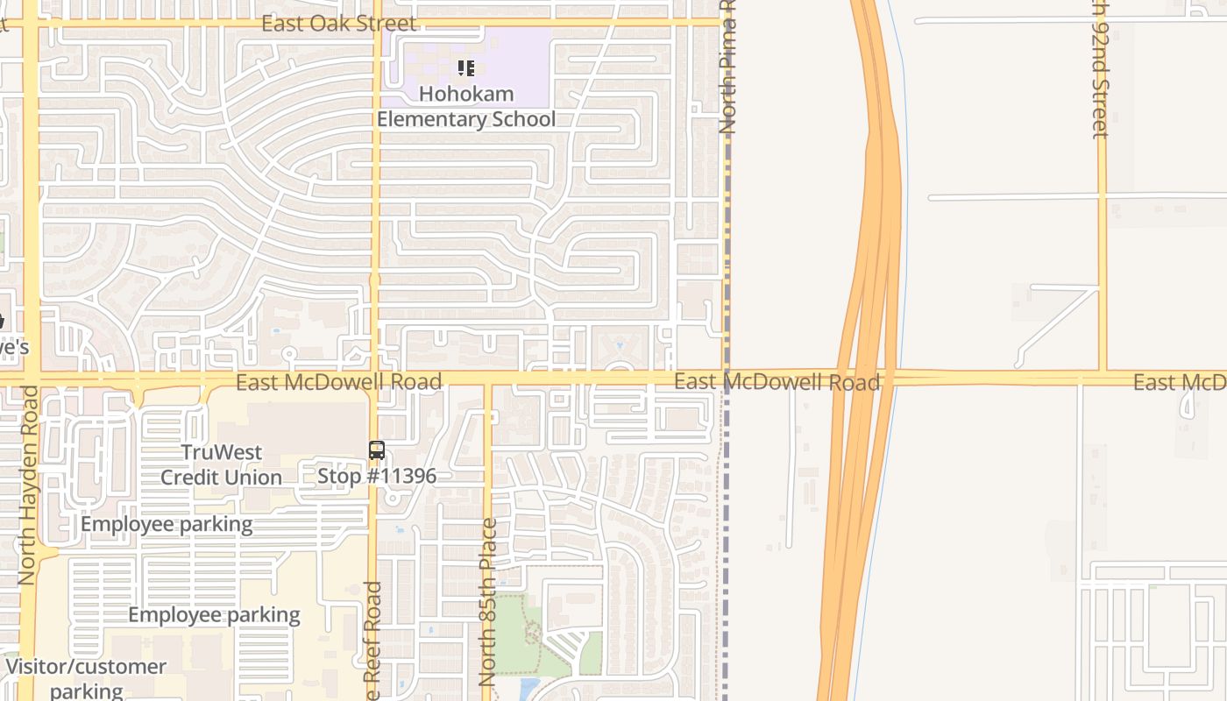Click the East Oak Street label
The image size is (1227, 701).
click(x=338, y=23)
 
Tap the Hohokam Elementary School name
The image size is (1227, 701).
click(x=465, y=106)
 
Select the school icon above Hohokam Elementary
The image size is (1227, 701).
click(x=465, y=67)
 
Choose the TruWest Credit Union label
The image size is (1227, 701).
click(x=221, y=464)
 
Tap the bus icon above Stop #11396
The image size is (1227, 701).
click(x=377, y=450)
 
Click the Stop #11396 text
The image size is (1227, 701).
click(x=377, y=476)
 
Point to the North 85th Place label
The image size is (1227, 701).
click(x=488, y=601)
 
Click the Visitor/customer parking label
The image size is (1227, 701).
click(x=86, y=677)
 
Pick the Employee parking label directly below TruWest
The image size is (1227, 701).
click(x=167, y=524)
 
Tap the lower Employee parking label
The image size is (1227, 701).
click(x=214, y=614)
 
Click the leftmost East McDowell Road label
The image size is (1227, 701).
click(x=338, y=382)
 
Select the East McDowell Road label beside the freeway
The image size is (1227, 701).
click(x=777, y=382)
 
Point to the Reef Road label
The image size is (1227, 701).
click(x=373, y=640)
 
